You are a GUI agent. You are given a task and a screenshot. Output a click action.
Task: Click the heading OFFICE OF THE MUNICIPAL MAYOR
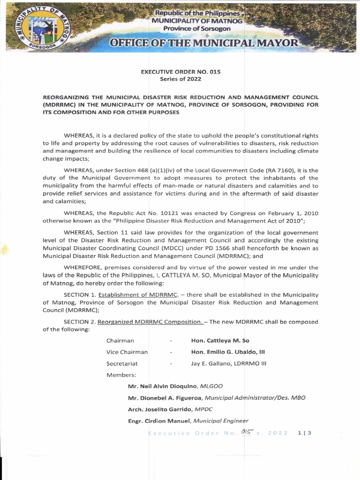tap(203, 44)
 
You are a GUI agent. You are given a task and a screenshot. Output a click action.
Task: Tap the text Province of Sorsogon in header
tap(190, 29)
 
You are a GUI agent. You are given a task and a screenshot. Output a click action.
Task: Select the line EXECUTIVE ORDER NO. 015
tap(180, 72)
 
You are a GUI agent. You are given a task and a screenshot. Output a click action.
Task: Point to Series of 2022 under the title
tap(180, 79)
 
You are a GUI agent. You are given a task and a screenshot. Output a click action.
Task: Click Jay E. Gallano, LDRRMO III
tap(229, 363)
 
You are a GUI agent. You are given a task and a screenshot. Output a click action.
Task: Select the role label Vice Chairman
tap(127, 352)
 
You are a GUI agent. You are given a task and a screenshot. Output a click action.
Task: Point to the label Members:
tap(121, 375)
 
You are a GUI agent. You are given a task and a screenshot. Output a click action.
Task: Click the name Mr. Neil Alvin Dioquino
tap(163, 386)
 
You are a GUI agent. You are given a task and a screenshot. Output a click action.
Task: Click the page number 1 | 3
tap(304, 433)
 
